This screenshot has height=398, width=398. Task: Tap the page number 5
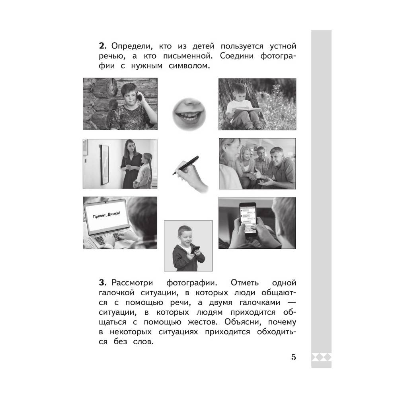[x=293, y=357]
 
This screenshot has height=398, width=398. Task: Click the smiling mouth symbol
[x=189, y=114]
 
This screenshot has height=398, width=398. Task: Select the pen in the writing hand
[x=185, y=165]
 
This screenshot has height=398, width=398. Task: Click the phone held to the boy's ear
[x=139, y=97]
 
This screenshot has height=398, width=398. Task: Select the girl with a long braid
[x=143, y=171]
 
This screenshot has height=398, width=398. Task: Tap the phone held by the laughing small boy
[x=195, y=250]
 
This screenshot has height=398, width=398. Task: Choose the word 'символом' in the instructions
[x=189, y=66]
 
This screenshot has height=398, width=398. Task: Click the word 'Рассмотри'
[x=132, y=283]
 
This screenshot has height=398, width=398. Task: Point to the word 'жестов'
[x=203, y=322]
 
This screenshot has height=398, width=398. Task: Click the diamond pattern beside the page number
[x=321, y=357]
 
